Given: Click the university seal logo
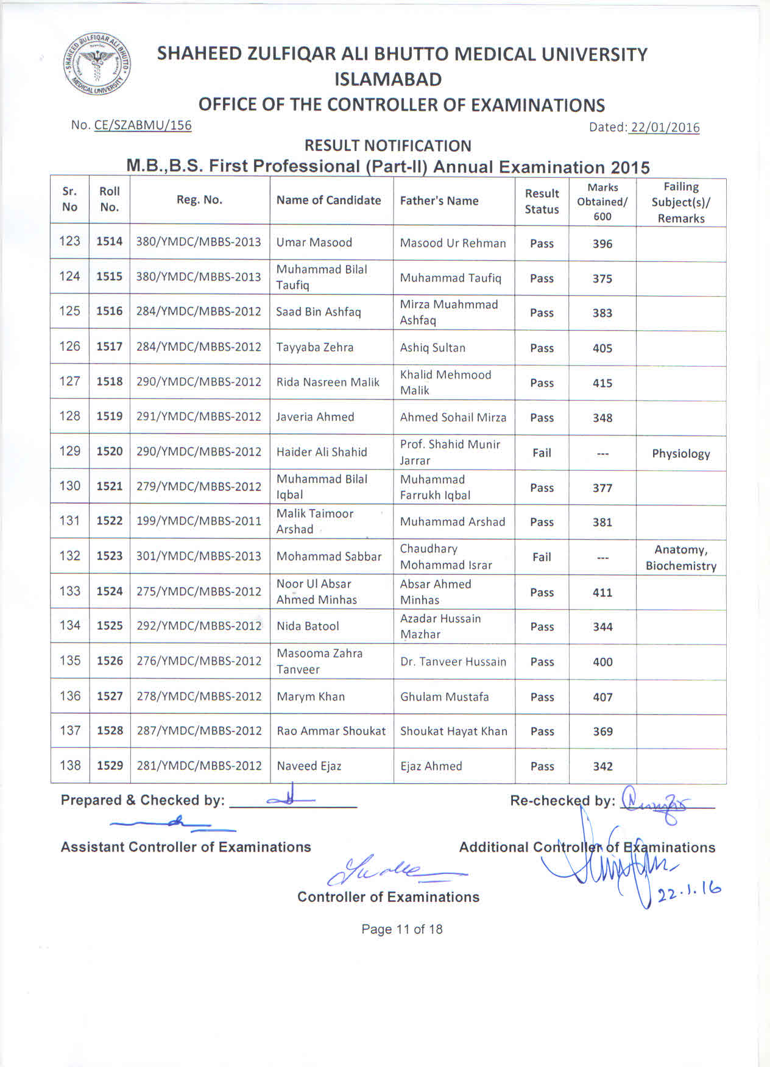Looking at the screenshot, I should pos(96,65).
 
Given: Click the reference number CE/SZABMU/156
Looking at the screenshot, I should pos(143,125).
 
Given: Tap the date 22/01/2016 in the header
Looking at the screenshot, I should pos(665,127).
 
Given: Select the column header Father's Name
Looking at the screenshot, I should pos(439,201).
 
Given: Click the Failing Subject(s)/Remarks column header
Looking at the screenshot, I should pos(680,202).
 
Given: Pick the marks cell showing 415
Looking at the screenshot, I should pos(602,383).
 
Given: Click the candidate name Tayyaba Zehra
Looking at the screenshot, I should pos(314,347).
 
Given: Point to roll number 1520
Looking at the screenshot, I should pos(110,451).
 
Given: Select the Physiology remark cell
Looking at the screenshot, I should pos(680,454).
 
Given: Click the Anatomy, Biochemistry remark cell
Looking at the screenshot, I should pos(680,558).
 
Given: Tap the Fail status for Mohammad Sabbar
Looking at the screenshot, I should pos(542,557).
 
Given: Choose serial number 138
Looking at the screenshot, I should pos(70,765).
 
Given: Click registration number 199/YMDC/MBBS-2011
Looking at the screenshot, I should pos(199,521).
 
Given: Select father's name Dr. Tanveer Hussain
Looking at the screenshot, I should pos(453,662).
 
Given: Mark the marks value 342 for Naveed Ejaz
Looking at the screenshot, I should pos(602,767).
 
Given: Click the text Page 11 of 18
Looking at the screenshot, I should pos(401,929).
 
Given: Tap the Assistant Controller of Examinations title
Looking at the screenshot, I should pos(186,847).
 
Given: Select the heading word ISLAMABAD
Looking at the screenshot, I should pos(388,79).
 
